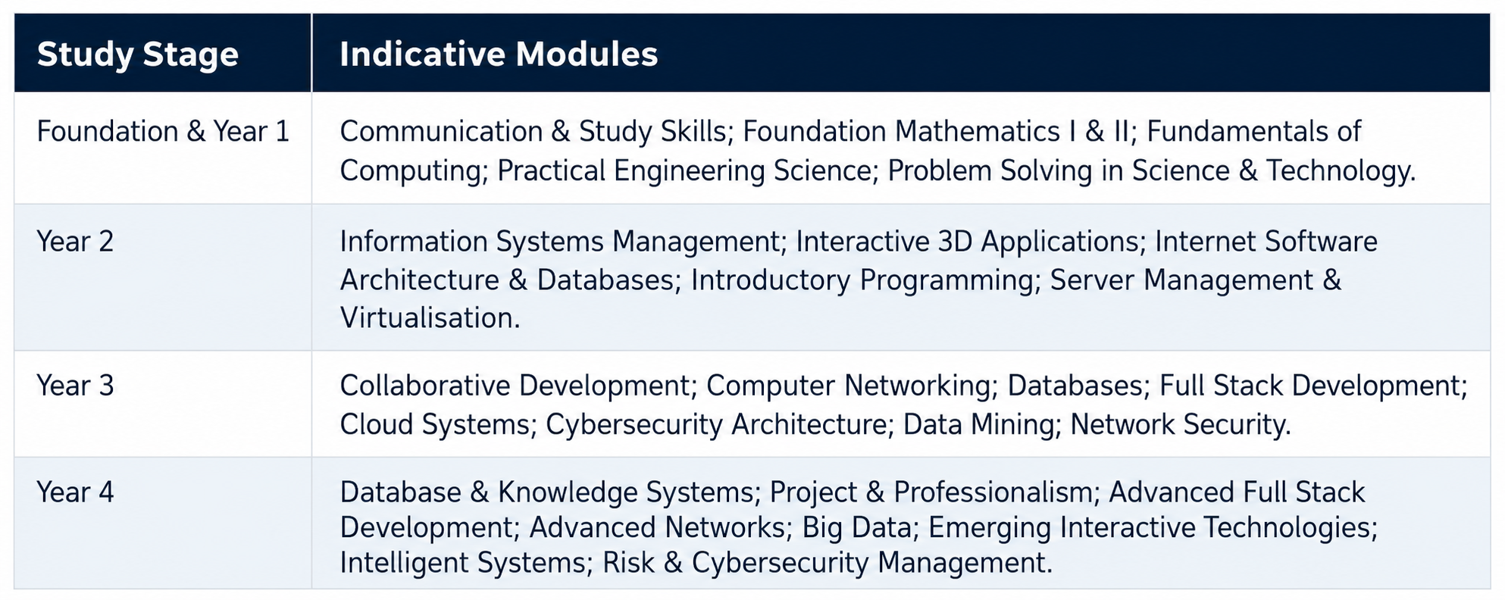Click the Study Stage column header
138,55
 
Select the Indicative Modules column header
499,55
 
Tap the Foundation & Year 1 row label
163,132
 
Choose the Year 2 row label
75,242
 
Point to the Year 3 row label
75,386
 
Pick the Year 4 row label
75,492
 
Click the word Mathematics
977,132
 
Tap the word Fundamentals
1238,132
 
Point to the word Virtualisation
430,318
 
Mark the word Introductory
771,280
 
